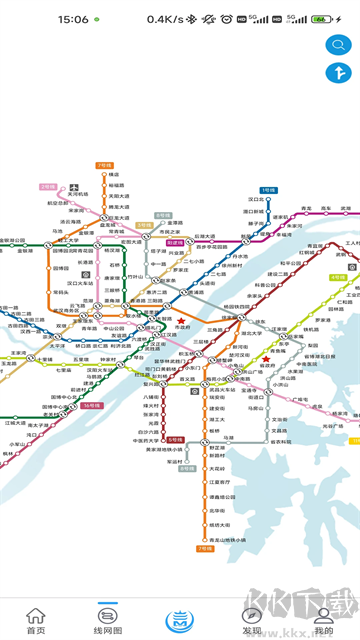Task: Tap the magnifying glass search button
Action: [336, 44]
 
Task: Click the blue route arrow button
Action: [336, 73]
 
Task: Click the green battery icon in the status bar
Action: [320, 19]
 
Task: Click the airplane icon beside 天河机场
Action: [75, 188]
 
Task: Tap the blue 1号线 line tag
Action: [268, 189]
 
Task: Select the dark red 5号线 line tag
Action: [175, 440]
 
